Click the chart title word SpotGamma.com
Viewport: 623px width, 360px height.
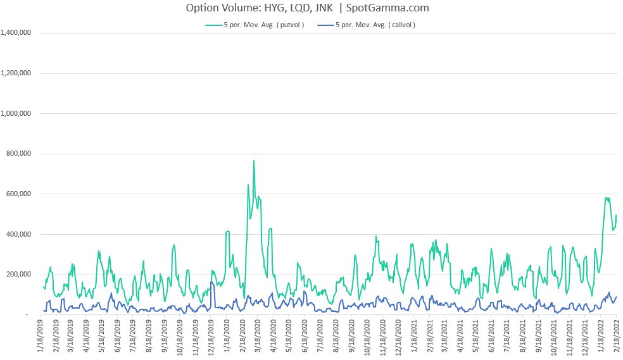click(388, 8)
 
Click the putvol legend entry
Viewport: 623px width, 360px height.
click(256, 25)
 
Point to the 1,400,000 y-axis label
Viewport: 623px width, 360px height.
click(18, 33)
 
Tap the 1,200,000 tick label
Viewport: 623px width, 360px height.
click(18, 73)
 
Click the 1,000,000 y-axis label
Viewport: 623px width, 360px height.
click(18, 114)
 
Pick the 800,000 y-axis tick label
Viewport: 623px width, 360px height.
click(22, 154)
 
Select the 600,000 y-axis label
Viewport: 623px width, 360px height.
click(22, 194)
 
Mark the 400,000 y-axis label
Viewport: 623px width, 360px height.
click(22, 235)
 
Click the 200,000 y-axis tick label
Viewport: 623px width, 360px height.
click(22, 275)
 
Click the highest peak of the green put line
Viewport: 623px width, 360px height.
click(254, 161)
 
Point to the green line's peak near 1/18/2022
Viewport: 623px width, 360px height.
click(607, 197)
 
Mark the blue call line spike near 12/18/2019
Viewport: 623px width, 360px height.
click(211, 282)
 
